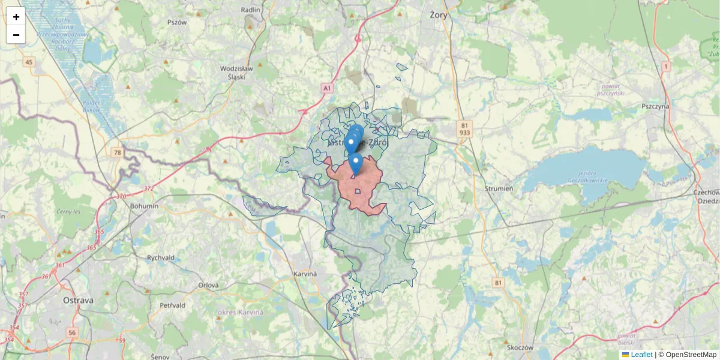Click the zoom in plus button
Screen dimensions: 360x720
coord(16,17)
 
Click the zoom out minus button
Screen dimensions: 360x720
coord(16,35)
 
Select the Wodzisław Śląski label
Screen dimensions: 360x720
coord(236,73)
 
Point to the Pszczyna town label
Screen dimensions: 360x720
coord(655,106)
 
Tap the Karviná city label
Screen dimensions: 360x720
coord(305,274)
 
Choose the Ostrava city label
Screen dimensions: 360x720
coord(78,300)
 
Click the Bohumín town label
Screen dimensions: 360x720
coord(144,206)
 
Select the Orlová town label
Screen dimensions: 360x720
coord(209,286)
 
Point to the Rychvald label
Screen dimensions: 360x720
coord(160,257)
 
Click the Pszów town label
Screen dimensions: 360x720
coord(178,22)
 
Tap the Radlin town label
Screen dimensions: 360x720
coord(251,10)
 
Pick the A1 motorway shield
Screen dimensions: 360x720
coord(326,88)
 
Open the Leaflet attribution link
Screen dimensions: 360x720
coord(641,355)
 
